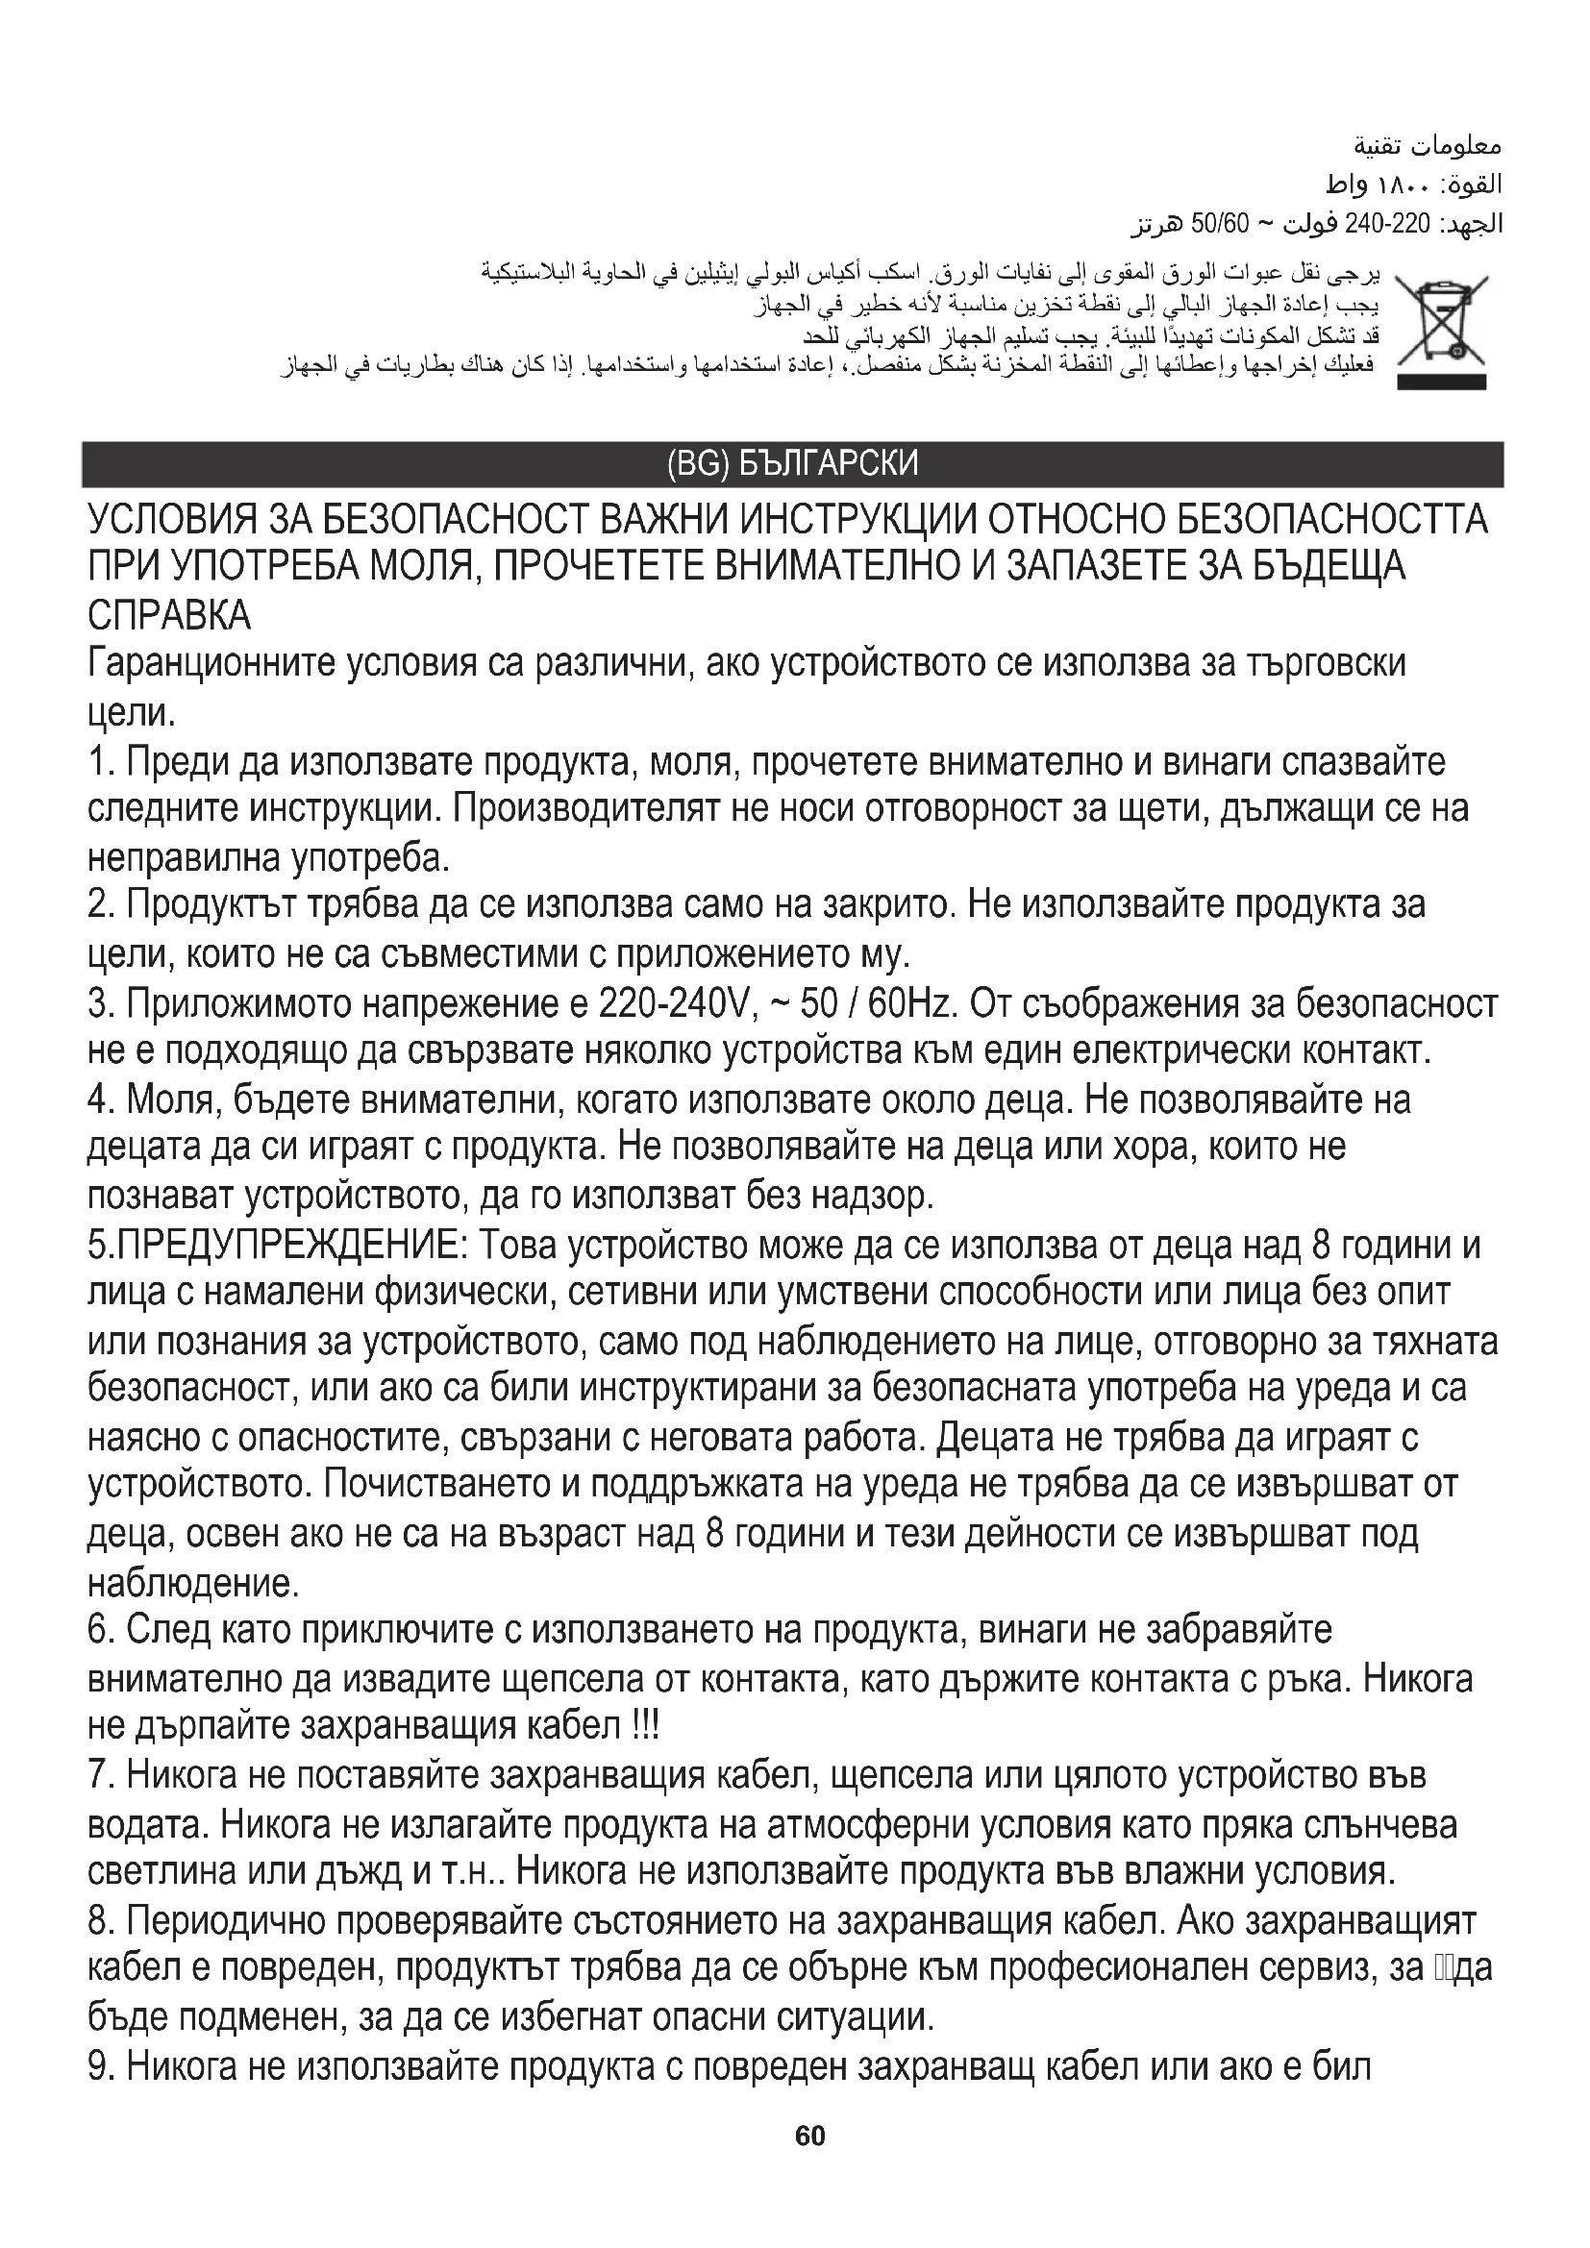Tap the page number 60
810,2162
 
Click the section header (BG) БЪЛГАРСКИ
792,464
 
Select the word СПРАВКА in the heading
169,616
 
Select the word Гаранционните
210,664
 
